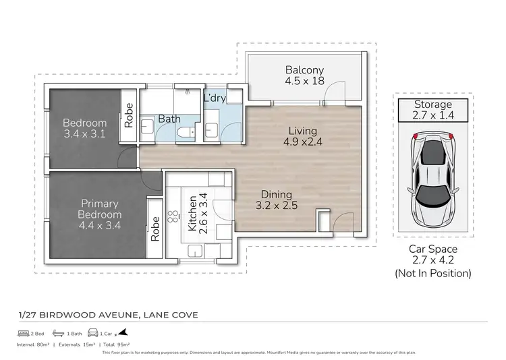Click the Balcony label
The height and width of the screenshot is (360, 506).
pyautogui.click(x=304, y=69)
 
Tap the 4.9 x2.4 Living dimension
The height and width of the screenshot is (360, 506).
pyautogui.click(x=304, y=142)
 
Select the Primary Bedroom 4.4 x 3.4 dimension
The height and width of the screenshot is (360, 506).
pyautogui.click(x=100, y=215)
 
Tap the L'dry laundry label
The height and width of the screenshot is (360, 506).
pyautogui.click(x=215, y=98)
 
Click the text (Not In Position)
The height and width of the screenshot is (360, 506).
pyautogui.click(x=432, y=273)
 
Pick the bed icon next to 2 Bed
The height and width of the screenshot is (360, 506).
pyautogui.click(x=23, y=333)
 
